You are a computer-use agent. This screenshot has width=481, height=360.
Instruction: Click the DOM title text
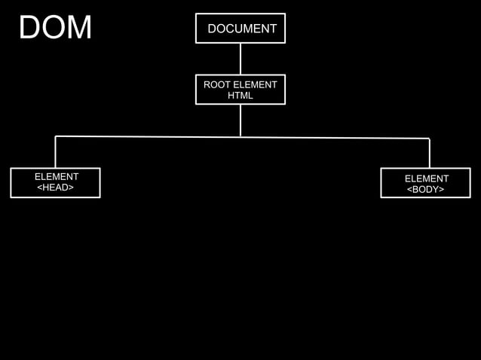55,28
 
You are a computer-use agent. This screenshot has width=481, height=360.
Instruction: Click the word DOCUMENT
242,29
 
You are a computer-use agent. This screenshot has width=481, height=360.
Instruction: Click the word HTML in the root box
240,96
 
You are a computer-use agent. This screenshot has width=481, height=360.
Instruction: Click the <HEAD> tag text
56,188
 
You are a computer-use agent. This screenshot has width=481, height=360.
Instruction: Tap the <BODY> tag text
426,190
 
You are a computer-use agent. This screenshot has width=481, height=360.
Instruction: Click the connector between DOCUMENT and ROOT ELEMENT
240,59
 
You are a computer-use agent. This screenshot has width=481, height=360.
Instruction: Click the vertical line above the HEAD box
56,152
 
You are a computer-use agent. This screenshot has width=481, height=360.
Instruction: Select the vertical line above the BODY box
429,154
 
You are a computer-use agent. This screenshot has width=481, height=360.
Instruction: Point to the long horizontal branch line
151,137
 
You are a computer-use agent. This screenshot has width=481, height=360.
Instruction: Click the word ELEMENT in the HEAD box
57,177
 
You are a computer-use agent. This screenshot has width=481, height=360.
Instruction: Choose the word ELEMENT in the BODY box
427,178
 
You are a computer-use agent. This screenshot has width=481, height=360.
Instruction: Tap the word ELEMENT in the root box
255,85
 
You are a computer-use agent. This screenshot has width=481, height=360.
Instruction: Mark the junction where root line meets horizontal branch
240,137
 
